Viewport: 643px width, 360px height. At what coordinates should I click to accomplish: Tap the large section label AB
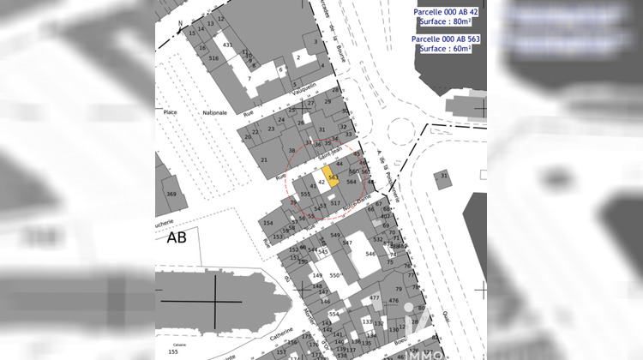click(177, 237)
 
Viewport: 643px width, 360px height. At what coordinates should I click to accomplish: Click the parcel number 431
click(227, 44)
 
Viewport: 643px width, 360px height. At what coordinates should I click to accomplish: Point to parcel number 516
click(213, 58)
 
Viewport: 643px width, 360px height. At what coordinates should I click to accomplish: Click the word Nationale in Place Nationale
click(215, 112)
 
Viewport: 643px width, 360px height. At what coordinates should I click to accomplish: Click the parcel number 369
click(171, 195)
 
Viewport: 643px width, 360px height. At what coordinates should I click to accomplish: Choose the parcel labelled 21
click(263, 160)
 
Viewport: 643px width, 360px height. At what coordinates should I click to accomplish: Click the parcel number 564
click(351, 183)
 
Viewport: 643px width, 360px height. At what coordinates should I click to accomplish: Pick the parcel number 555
click(305, 195)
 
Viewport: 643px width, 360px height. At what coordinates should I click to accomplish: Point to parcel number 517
click(336, 203)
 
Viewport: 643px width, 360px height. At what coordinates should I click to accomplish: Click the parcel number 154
click(267, 223)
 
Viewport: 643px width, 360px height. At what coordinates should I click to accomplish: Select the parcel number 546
click(370, 254)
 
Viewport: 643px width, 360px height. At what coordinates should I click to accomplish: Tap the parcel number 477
click(374, 297)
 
